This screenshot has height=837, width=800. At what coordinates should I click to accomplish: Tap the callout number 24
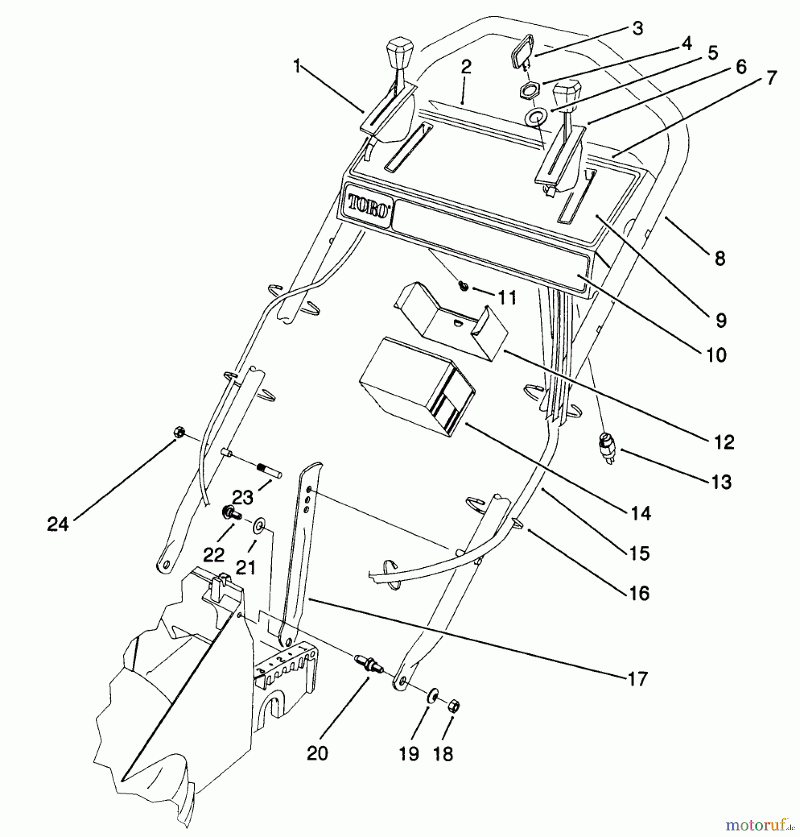click(x=58, y=525)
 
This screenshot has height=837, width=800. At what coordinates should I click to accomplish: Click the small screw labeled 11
click(x=463, y=286)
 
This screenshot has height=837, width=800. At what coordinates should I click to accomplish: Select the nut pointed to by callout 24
click(x=178, y=432)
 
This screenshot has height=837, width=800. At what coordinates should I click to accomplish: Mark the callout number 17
click(x=637, y=679)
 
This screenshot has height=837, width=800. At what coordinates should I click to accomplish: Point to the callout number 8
click(x=720, y=259)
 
